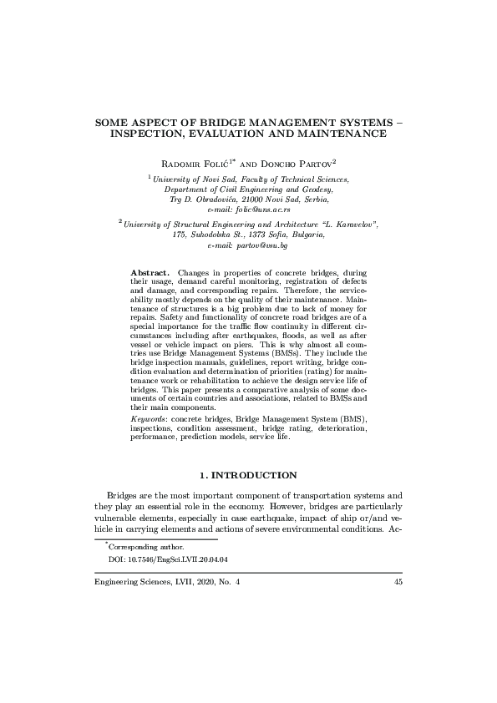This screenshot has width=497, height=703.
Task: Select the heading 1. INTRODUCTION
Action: [x=249, y=475]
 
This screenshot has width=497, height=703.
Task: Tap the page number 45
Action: [x=398, y=583]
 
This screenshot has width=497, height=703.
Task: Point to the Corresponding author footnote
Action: [x=138, y=544]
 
